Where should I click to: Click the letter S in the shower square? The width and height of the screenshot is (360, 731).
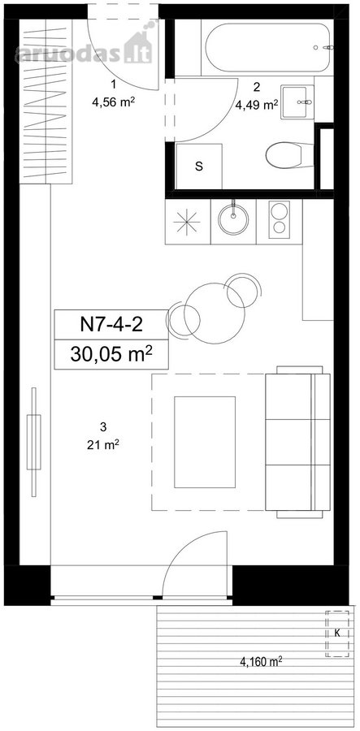click(199, 167)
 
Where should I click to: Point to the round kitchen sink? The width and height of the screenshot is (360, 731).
click(233, 222)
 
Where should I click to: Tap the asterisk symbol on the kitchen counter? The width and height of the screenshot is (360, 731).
click(187, 222)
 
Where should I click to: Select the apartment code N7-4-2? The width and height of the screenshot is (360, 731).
click(111, 324)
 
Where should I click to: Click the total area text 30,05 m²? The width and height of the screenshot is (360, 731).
click(111, 354)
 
